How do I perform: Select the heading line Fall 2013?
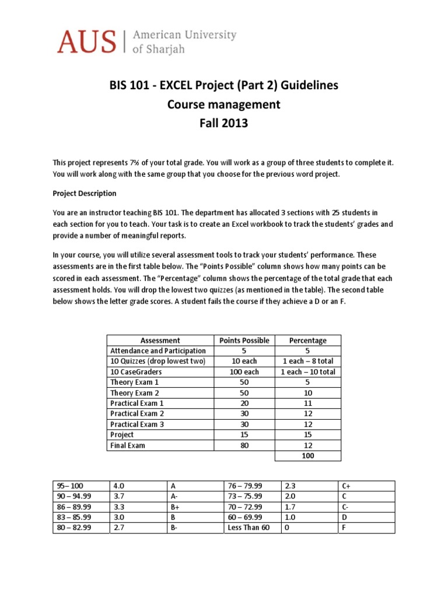(224, 124)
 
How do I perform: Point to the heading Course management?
(224, 104)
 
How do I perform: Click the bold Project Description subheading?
(85, 194)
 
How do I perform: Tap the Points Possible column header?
(244, 340)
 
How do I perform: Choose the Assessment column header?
(160, 340)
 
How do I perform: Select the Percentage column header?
(307, 340)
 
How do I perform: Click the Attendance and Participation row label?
(157, 351)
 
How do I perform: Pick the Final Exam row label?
(128, 445)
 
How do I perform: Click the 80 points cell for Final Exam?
(244, 445)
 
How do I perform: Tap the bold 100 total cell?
(307, 456)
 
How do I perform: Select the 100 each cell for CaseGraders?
(244, 372)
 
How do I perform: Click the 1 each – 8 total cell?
(307, 361)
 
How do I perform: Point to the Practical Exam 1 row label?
(137, 403)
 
